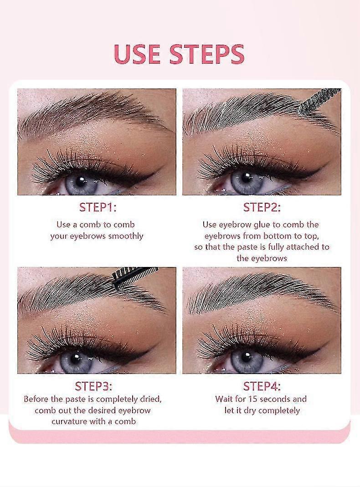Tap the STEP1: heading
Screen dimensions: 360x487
[x=98, y=207]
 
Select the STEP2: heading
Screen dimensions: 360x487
[x=262, y=207]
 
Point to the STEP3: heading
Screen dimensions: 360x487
[x=93, y=386]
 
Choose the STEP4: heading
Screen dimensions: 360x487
[x=262, y=386]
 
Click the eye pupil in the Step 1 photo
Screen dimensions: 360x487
[x=82, y=182]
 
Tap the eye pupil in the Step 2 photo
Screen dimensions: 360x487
[x=247, y=179]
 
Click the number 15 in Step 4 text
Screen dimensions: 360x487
[x=254, y=399]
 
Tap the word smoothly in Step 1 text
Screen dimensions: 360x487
[x=125, y=236]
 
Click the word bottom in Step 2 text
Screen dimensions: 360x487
[x=276, y=236]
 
